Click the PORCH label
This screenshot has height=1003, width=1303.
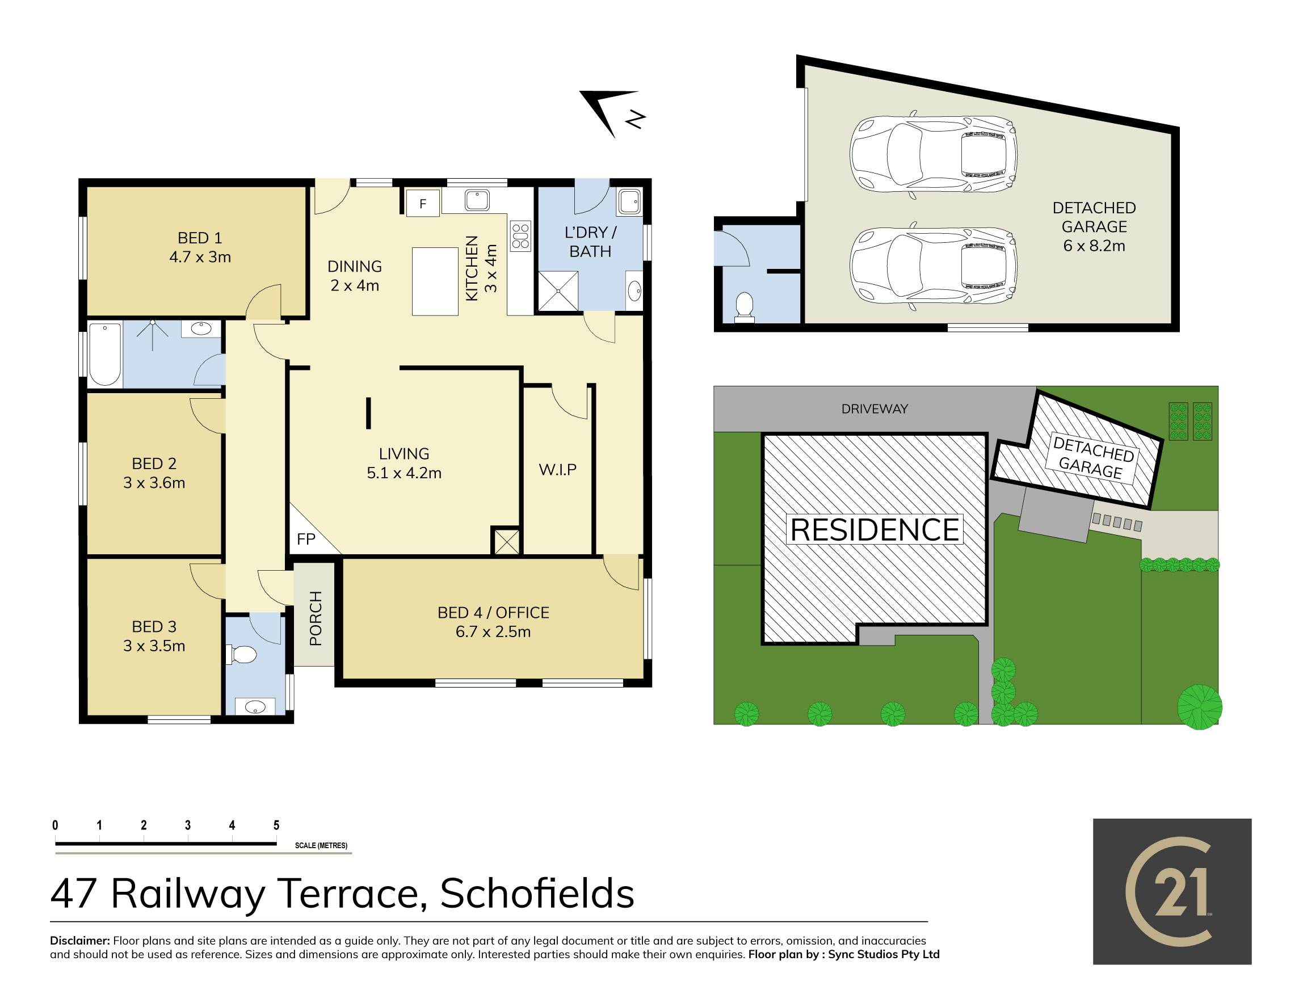point(316,618)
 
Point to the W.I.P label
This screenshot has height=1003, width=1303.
point(558,470)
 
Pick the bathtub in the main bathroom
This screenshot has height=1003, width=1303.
point(105,354)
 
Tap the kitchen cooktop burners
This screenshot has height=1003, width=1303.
point(520,236)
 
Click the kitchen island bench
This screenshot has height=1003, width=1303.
point(435,281)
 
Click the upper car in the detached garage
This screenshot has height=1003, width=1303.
point(933,154)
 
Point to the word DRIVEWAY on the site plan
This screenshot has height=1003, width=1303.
point(875,409)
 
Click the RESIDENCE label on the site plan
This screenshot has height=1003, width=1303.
point(875,529)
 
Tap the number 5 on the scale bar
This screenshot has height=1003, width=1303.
point(276,825)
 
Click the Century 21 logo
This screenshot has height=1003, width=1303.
point(1172,891)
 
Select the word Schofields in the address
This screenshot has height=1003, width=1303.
point(537,894)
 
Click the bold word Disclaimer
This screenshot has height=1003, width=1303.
point(80,941)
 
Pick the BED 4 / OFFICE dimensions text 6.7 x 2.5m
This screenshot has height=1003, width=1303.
point(493,631)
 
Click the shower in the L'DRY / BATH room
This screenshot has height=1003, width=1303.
point(558,292)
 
